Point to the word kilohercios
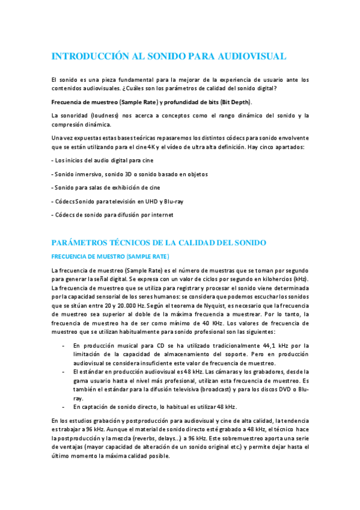[275, 280]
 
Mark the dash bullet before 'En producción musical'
[64, 345]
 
